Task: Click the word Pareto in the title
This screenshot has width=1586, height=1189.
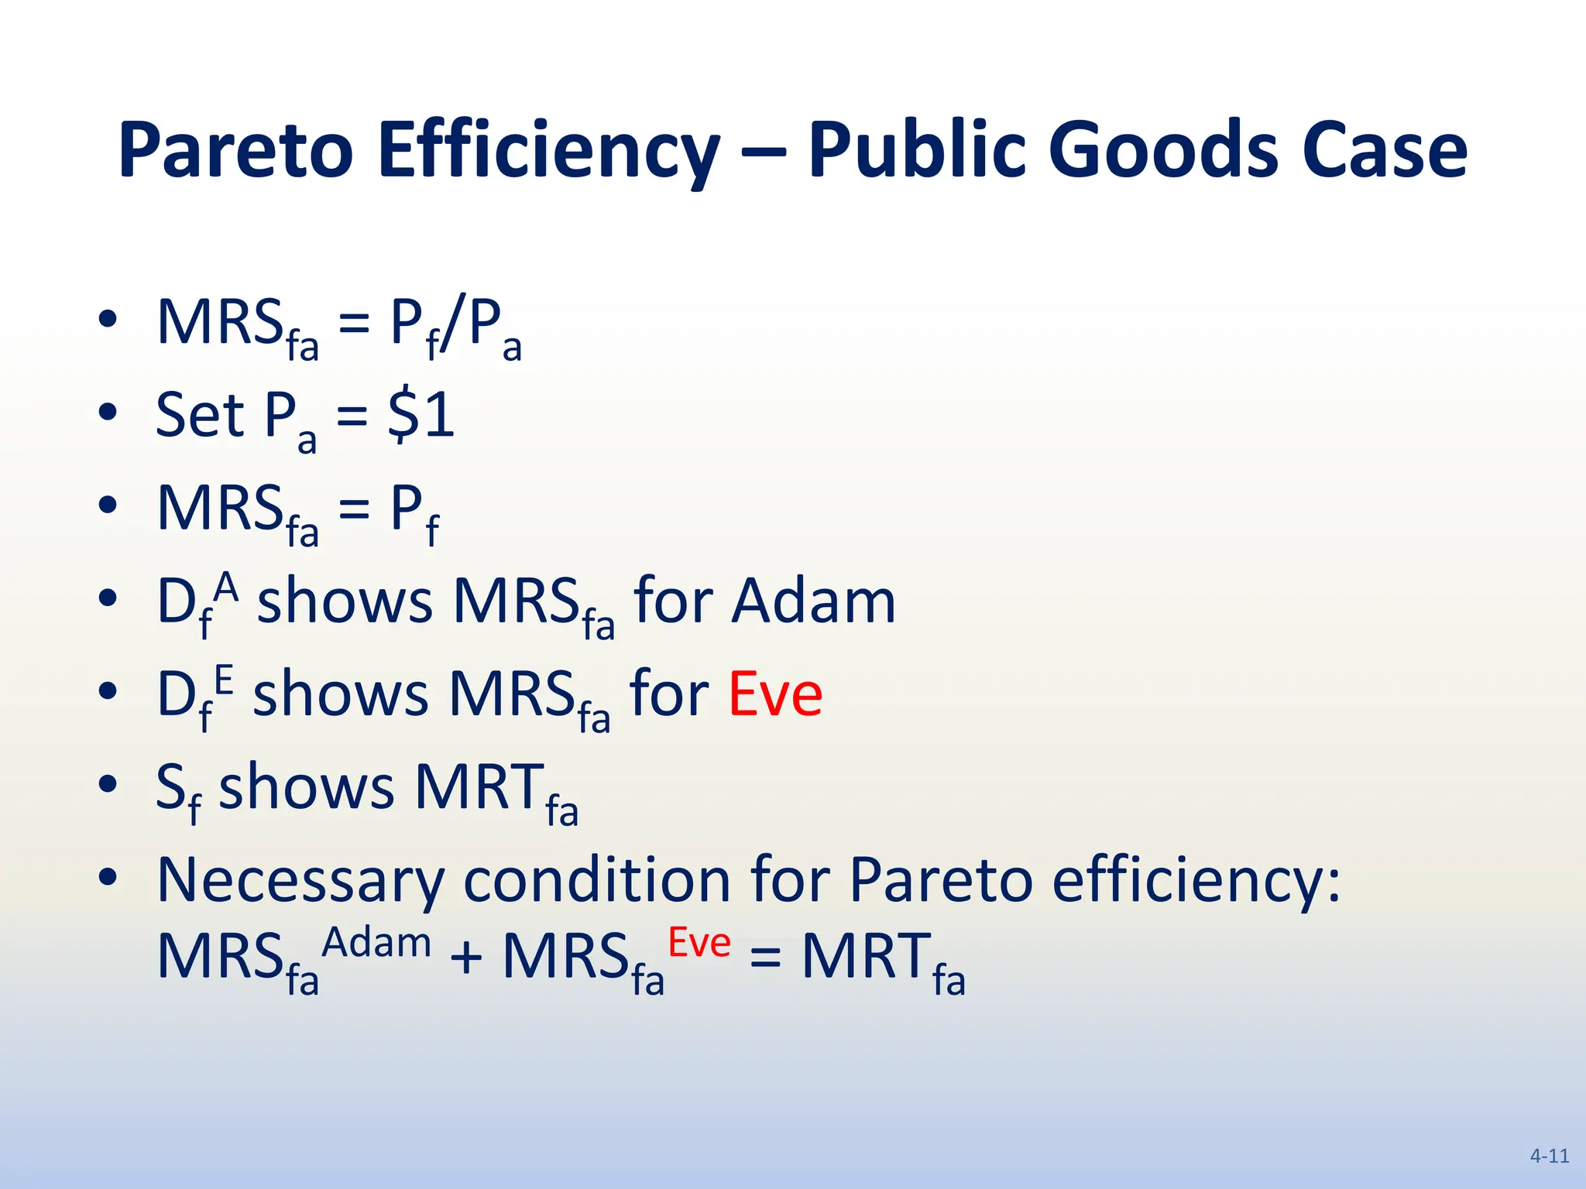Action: pos(235,151)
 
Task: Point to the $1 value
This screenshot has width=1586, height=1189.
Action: pos(421,416)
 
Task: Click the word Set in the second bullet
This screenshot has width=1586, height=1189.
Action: pos(200,416)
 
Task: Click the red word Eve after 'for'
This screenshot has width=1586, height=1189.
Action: pos(775,694)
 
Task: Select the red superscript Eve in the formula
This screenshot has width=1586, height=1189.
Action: pos(699,943)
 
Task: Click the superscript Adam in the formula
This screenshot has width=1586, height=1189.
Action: pos(376,943)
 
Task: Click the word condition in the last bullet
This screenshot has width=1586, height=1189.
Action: pos(597,881)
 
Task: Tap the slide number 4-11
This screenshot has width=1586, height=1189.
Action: pos(1550,1156)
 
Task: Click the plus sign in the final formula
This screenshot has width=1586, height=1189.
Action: pos(467,958)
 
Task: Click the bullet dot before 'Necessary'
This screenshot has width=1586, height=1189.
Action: pos(108,877)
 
